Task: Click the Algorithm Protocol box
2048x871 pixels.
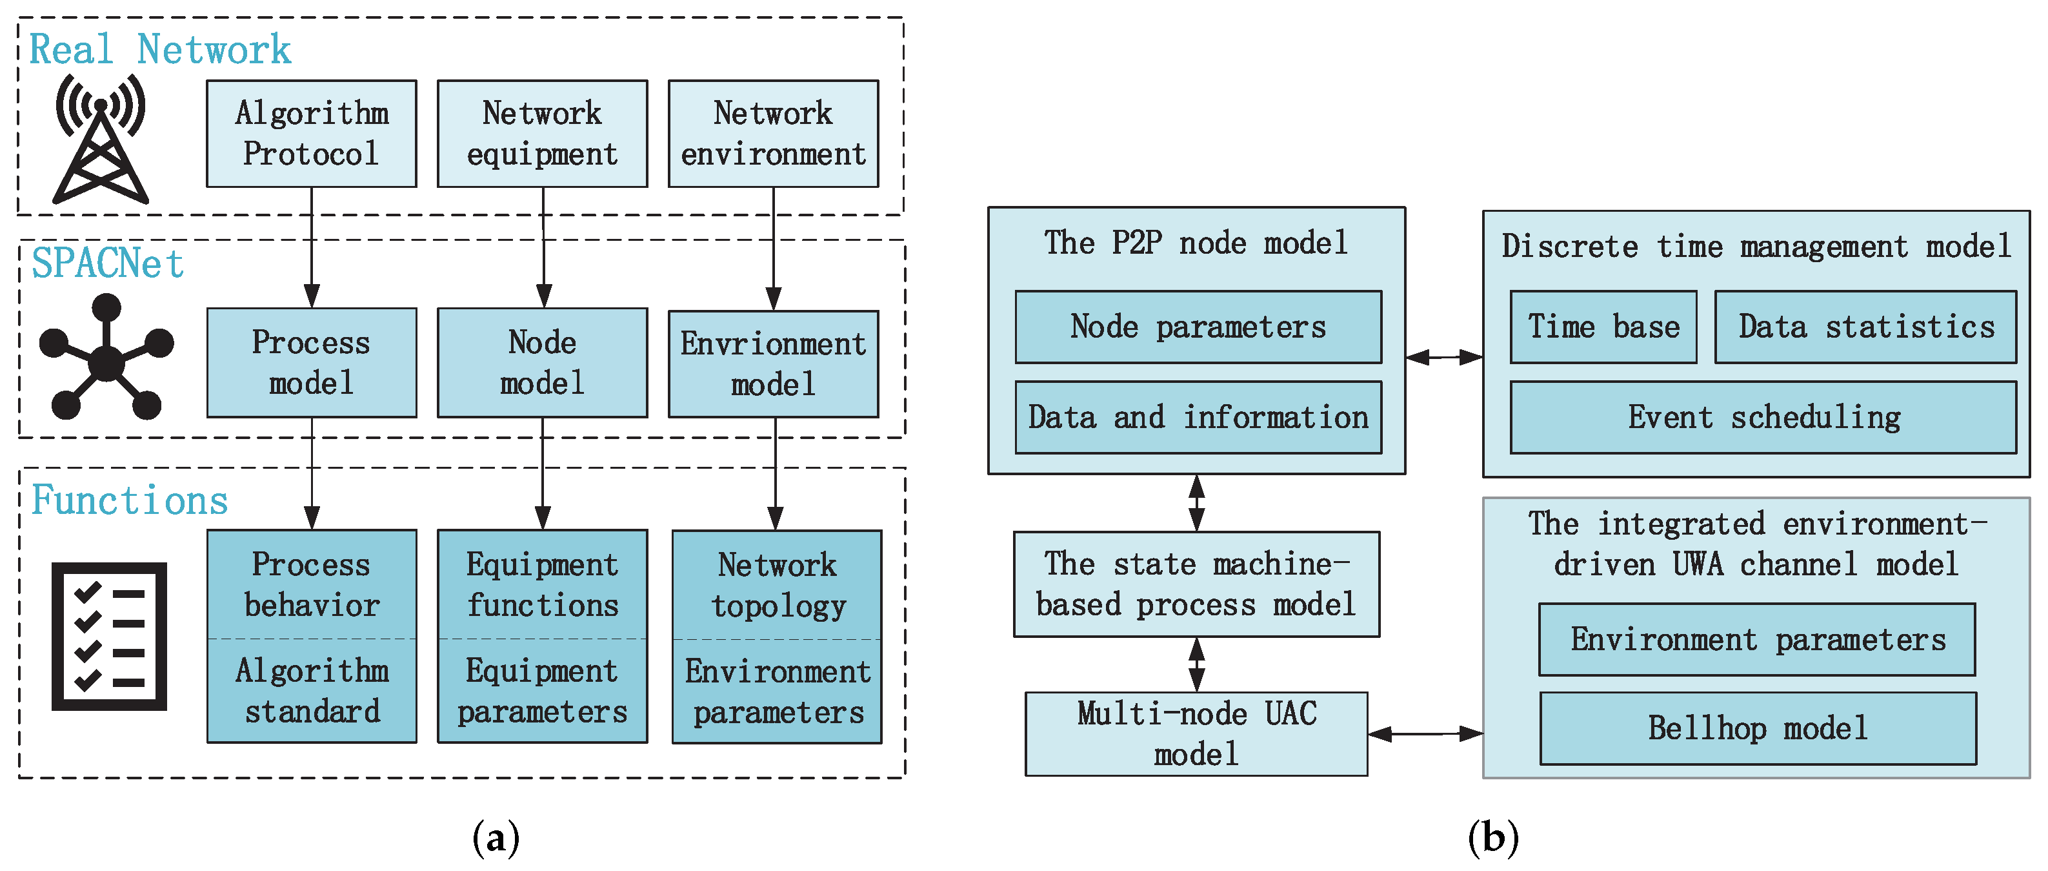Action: pyautogui.click(x=311, y=134)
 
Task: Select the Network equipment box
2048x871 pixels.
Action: pyautogui.click(x=542, y=134)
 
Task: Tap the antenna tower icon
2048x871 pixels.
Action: pyautogui.click(x=100, y=139)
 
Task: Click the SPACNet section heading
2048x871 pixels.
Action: pyautogui.click(x=107, y=263)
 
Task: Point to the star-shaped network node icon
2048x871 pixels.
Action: pyautogui.click(x=106, y=358)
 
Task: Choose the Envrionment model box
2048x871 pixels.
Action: pyautogui.click(x=773, y=364)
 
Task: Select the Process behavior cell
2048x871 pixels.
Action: pyautogui.click(x=311, y=584)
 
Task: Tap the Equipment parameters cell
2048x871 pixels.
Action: pyautogui.click(x=542, y=690)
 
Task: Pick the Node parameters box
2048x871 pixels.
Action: pyautogui.click(x=1198, y=327)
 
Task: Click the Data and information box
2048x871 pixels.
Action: pyautogui.click(x=1198, y=418)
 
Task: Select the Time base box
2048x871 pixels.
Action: pyautogui.click(x=1603, y=327)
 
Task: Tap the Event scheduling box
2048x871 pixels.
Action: pyautogui.click(x=1763, y=418)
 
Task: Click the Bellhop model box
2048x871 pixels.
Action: pyautogui.click(x=1757, y=728)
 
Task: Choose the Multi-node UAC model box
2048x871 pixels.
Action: pyautogui.click(x=1196, y=733)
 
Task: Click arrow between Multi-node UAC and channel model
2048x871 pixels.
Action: pyautogui.click(x=1425, y=733)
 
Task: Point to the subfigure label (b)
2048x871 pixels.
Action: pyautogui.click(x=1492, y=837)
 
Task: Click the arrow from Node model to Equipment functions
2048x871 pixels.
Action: pyautogui.click(x=542, y=473)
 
